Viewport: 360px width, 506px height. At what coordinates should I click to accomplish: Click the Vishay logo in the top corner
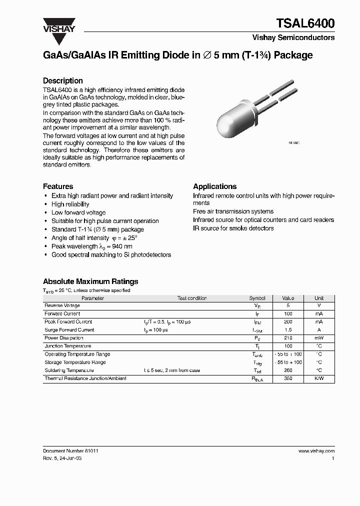[x=58, y=25]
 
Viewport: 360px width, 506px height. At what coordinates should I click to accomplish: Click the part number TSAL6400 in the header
[x=305, y=23]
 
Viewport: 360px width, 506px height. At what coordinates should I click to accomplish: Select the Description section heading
[x=62, y=80]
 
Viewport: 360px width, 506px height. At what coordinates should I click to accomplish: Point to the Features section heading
[x=58, y=186]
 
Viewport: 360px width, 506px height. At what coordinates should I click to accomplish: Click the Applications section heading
[x=214, y=186]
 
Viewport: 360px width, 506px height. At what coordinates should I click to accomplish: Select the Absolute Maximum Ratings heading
[x=90, y=281]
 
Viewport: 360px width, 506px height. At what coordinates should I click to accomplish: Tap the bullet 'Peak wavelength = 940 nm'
[x=92, y=246]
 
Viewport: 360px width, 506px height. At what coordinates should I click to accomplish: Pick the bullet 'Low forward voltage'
[x=78, y=212]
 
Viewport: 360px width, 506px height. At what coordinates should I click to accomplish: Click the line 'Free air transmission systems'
[x=233, y=211]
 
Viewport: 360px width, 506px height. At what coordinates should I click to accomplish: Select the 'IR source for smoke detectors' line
[x=233, y=228]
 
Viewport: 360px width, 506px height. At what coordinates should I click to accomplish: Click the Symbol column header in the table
[x=257, y=298]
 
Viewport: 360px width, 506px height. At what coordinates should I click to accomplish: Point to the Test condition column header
[x=192, y=298]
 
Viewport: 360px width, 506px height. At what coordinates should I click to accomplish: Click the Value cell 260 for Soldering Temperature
[x=288, y=370]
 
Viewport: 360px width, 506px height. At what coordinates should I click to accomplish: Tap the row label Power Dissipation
[x=64, y=338]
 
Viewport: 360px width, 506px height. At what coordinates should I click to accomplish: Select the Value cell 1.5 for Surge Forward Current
[x=288, y=330]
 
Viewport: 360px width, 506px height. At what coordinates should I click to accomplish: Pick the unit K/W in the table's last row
[x=319, y=378]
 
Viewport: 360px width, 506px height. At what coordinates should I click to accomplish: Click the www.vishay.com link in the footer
[x=316, y=450]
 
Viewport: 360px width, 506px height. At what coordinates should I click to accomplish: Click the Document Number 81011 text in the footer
[x=70, y=450]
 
